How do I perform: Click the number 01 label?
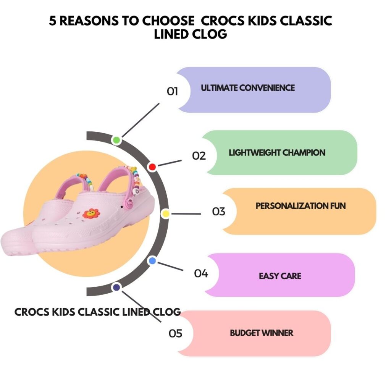point(173,92)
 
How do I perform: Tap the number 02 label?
point(199,156)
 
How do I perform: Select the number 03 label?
point(219,211)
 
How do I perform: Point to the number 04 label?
point(201,274)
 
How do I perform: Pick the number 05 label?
point(176,334)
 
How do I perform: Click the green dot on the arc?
point(116,140)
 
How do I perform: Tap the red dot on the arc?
point(152,167)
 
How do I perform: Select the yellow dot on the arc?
point(165,214)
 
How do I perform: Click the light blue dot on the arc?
point(152,261)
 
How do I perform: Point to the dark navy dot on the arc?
point(116,287)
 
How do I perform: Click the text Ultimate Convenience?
point(248,88)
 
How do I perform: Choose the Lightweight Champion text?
point(277,153)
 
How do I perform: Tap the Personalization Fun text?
point(301,206)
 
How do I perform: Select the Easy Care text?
point(280,276)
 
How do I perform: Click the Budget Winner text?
point(262,333)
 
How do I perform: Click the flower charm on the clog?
point(91,213)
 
